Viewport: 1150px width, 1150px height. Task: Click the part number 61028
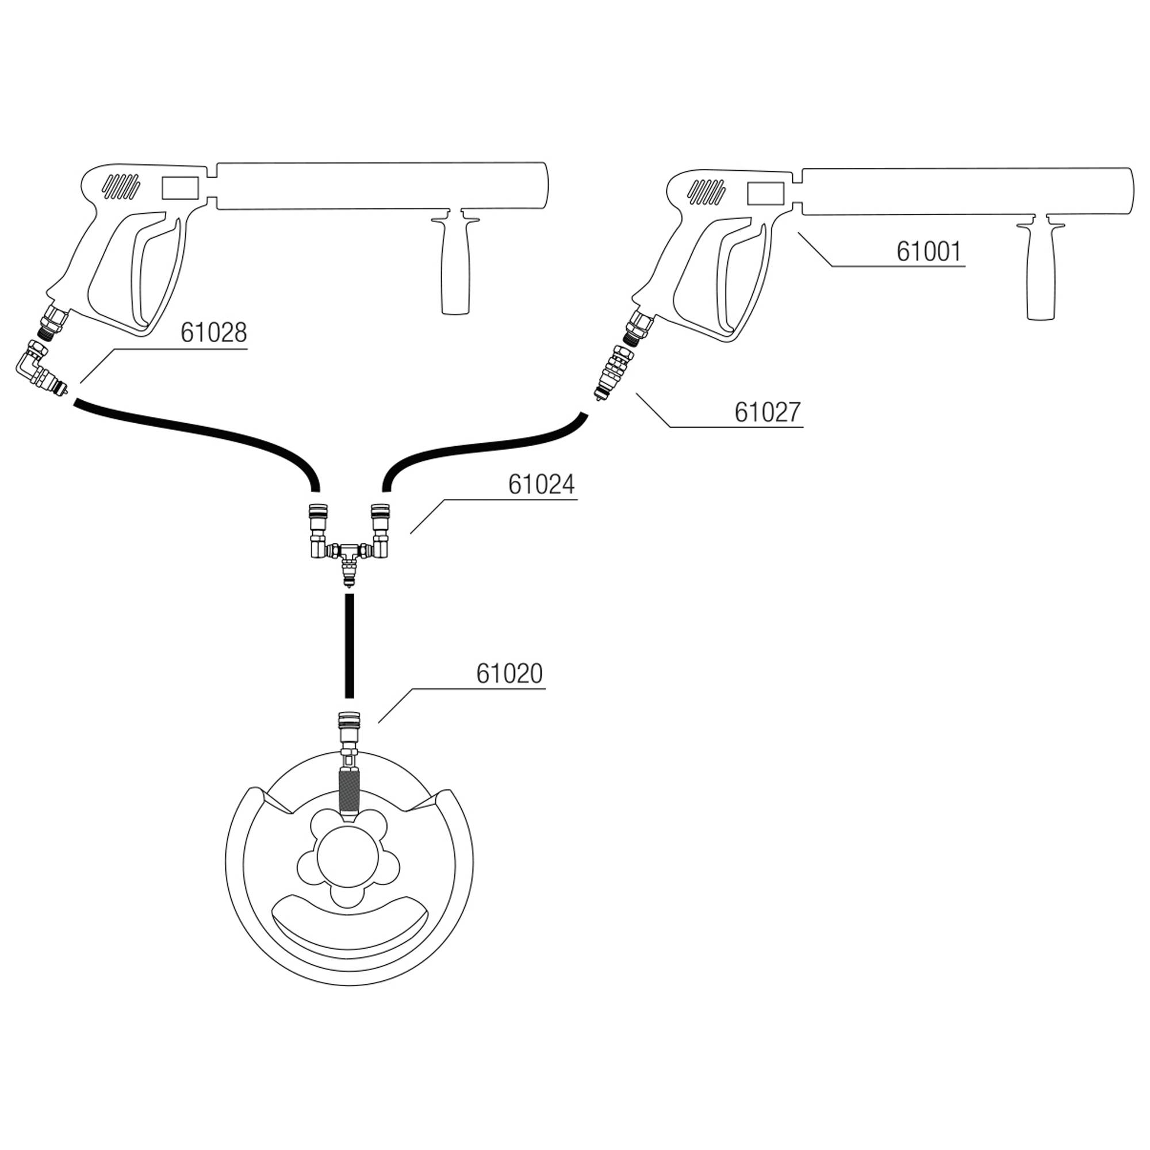pos(214,333)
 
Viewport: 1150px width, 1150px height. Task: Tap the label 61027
pos(767,412)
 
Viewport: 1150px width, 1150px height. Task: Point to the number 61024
pos(541,485)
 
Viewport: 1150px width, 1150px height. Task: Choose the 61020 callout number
pos(509,674)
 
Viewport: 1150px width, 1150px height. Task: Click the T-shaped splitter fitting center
pos(350,551)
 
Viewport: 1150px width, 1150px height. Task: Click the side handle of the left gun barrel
pos(455,268)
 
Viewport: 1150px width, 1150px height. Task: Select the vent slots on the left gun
pos(121,187)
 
